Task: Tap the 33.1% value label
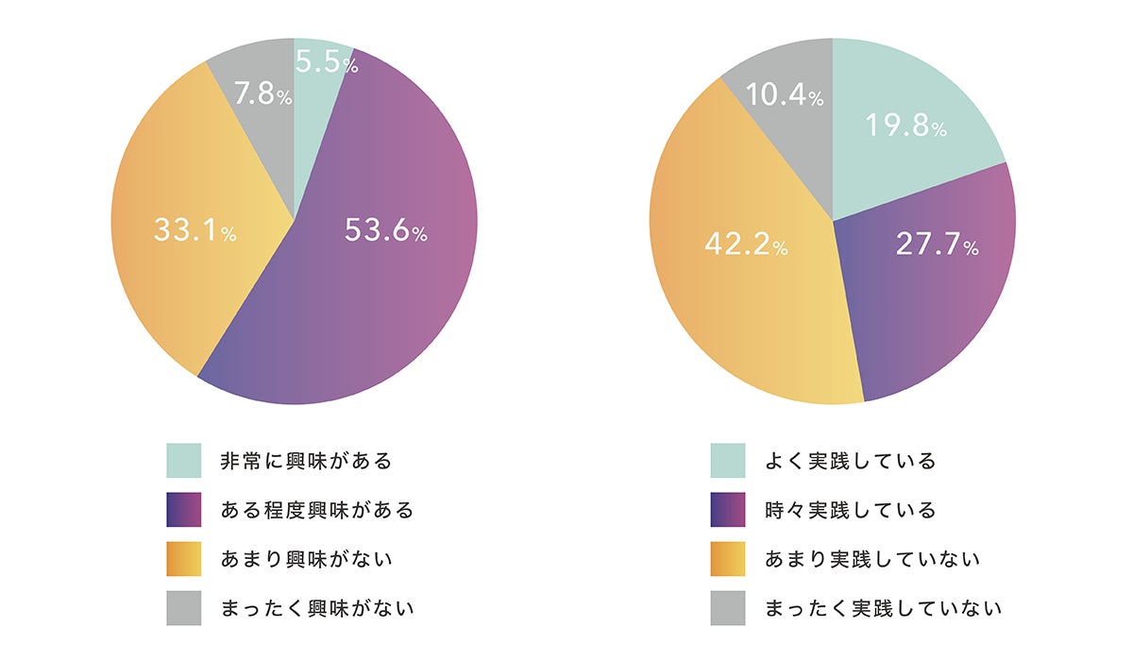(194, 231)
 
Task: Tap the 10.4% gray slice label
(785, 94)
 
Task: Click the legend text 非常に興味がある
(306, 461)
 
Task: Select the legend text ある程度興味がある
(317, 510)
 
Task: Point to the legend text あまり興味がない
(306, 559)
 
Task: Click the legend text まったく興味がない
(317, 608)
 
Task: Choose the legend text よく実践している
(851, 461)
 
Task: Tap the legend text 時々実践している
(851, 510)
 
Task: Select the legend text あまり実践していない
(872, 559)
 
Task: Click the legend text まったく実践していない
(884, 608)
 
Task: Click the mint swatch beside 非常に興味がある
(184, 461)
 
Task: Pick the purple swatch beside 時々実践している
(728, 510)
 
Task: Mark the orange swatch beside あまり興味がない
(184, 559)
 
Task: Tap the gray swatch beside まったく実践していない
(728, 608)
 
